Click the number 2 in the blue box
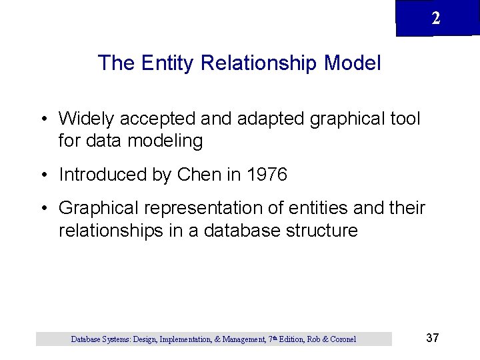click(435, 19)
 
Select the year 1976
click(267, 175)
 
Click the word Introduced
click(102, 175)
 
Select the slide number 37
click(432, 338)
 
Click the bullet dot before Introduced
click(43, 175)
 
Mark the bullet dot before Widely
click(43, 119)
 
